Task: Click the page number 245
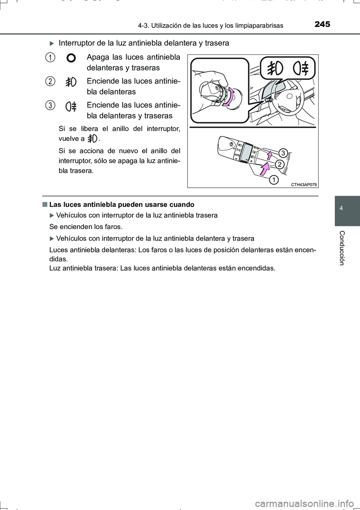(x=322, y=24)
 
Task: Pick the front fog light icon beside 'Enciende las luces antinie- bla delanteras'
(x=71, y=82)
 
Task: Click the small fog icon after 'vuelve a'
(x=92, y=139)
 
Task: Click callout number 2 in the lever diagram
(x=279, y=164)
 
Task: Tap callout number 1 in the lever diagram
(x=274, y=180)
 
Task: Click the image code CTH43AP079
(x=304, y=184)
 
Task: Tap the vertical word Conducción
(x=342, y=248)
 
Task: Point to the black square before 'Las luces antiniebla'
(x=45, y=205)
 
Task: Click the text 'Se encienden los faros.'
(x=86, y=227)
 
